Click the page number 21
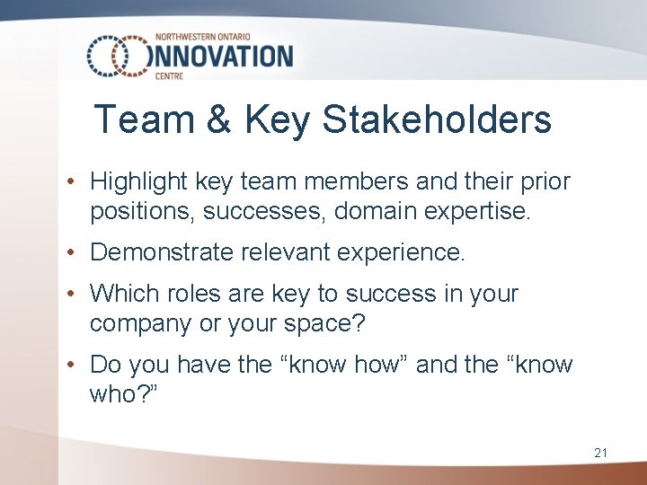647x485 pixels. point(600,454)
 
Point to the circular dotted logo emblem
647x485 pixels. point(117,57)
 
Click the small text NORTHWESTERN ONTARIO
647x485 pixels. point(205,36)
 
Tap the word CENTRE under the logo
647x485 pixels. point(169,77)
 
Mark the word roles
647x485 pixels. point(187,294)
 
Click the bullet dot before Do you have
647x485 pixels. point(71,365)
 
